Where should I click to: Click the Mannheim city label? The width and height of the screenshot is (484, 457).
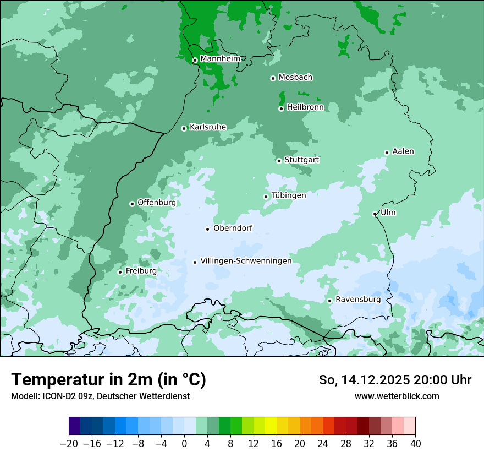(x=220, y=59)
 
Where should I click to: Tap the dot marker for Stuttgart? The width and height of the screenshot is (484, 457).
(x=279, y=161)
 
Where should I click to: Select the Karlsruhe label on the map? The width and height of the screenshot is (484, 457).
(x=208, y=127)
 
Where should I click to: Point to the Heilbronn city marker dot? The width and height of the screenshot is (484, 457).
(x=281, y=108)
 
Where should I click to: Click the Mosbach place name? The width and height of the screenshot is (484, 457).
(x=295, y=78)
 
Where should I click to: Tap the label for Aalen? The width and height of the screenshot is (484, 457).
(x=403, y=151)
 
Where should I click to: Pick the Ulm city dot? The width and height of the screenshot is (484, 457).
(x=375, y=214)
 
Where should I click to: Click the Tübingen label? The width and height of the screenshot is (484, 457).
(x=289, y=195)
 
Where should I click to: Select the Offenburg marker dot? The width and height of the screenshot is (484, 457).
(x=132, y=204)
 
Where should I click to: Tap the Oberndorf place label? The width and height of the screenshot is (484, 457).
(x=233, y=228)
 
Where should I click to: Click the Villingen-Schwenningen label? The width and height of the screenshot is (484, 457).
(x=246, y=261)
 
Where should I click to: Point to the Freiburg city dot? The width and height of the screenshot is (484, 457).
(x=120, y=272)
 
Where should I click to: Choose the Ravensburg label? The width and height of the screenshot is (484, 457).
(x=358, y=300)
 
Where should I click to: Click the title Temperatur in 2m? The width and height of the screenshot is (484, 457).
(x=108, y=380)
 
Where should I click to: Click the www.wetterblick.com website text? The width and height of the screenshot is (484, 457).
(x=397, y=396)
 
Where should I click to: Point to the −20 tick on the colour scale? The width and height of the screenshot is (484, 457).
(x=69, y=444)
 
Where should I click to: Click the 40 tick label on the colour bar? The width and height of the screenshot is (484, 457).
(x=415, y=444)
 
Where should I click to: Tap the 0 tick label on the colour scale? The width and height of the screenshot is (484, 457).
(x=184, y=444)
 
